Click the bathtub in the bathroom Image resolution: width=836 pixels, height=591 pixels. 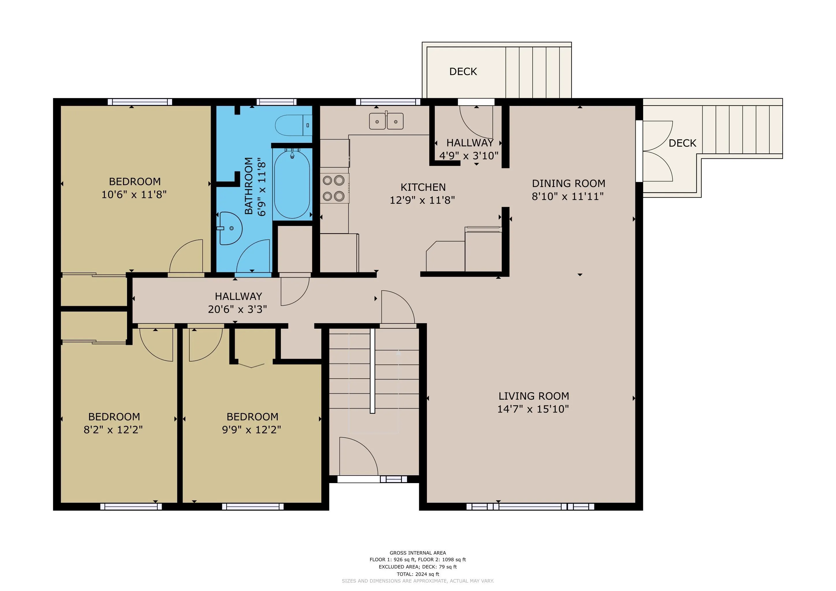coord(292,184)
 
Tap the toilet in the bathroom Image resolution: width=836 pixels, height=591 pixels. coord(294,125)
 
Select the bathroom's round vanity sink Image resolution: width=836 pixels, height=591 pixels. coord(230,228)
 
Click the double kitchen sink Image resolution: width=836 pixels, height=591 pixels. coord(386,121)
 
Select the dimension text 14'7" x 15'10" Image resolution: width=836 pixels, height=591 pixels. coord(533,409)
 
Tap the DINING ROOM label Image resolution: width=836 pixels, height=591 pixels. coord(569,184)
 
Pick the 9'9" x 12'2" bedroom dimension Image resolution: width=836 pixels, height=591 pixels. coord(252,430)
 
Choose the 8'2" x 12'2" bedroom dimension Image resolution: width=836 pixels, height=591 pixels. coord(113,430)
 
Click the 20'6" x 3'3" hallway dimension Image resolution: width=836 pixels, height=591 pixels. coord(237,309)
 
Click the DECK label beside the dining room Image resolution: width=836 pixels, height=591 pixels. coord(682,143)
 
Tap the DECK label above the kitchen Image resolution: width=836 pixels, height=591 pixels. coord(463,71)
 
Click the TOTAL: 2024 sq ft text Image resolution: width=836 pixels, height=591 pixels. coord(418,574)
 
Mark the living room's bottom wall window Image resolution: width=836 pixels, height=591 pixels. coord(531,506)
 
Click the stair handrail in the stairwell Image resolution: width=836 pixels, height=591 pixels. coord(372,371)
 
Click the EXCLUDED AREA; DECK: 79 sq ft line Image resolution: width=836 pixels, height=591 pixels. coord(418,567)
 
